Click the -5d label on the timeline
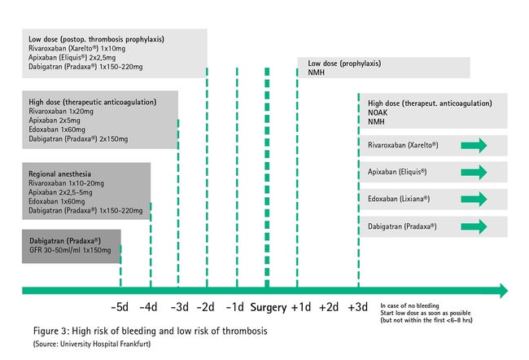[120, 307]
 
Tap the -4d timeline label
[148, 307]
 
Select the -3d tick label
[180, 307]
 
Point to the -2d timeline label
[205, 307]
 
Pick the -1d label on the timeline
[235, 307]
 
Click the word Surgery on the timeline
[269, 308]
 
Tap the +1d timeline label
[301, 307]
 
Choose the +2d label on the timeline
[329, 307]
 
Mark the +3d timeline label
[357, 307]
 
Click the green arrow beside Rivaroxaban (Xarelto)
[474, 146]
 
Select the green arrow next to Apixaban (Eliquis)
[474, 172]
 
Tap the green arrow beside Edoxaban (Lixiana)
[474, 199]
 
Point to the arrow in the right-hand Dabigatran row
[474, 226]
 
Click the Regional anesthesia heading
[59, 174]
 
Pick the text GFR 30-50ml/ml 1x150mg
[70, 250]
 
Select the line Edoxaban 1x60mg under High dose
[57, 130]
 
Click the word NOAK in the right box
[378, 112]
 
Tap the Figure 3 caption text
[150, 331]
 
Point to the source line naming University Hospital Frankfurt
[92, 345]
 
